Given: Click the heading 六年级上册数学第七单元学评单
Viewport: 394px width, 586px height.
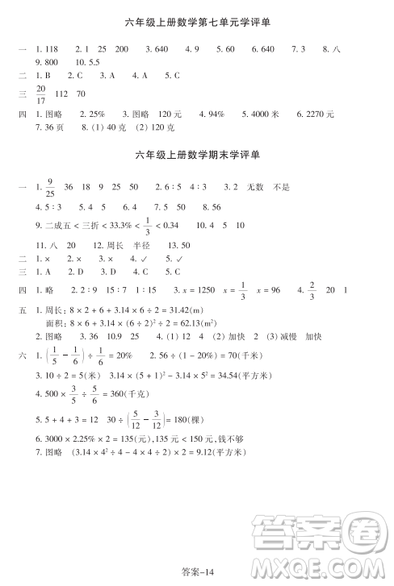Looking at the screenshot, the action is [x=198, y=23].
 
